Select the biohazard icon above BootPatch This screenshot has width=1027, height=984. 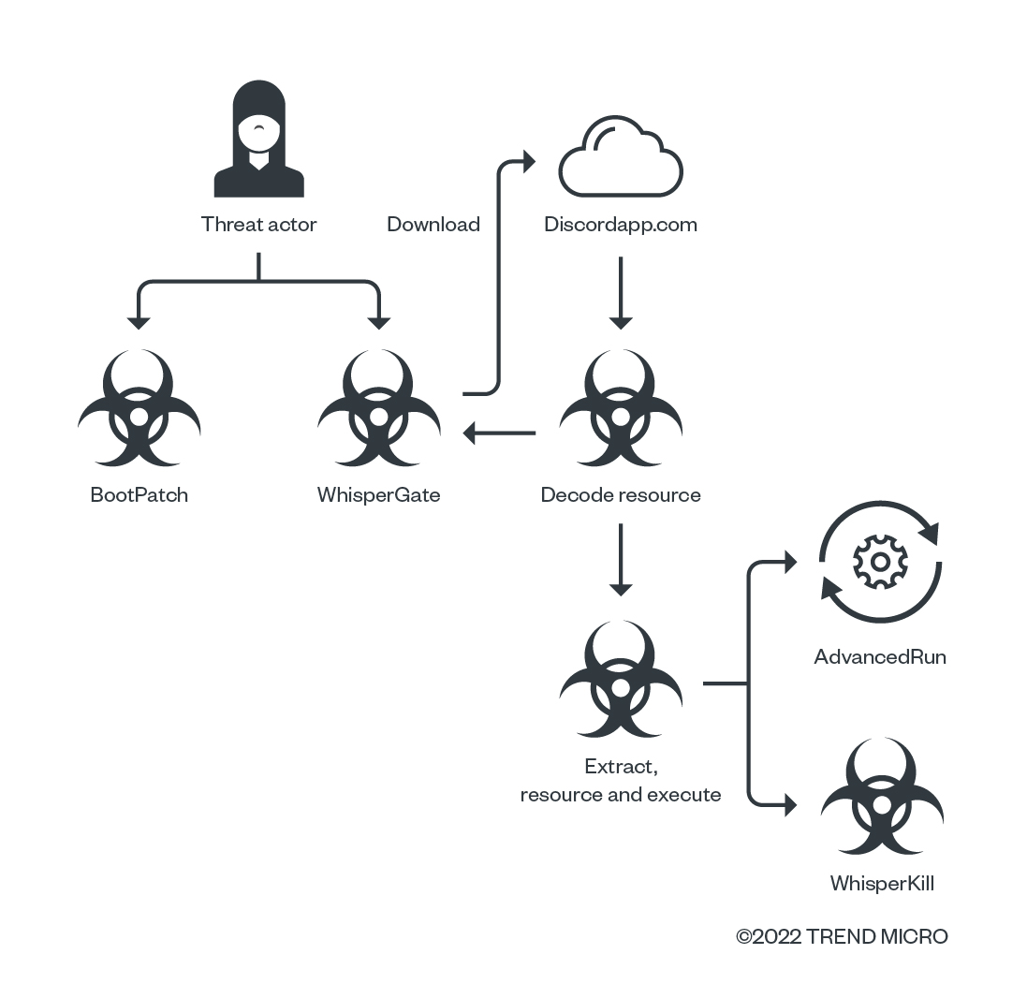(139, 409)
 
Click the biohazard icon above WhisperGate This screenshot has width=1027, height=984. (378, 409)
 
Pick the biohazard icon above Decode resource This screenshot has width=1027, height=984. (620, 409)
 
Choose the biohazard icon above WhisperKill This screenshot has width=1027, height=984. (881, 798)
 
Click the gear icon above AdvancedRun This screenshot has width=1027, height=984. (880, 562)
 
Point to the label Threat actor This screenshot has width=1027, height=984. (259, 225)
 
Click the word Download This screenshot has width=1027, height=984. (433, 225)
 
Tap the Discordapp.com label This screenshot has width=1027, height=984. (621, 225)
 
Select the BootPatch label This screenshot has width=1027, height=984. (139, 495)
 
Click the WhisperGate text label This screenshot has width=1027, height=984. (378, 495)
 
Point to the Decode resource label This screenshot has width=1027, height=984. (621, 495)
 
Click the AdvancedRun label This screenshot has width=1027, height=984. (880, 657)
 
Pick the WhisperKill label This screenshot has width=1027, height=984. (881, 884)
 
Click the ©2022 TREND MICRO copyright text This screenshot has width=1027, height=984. (842, 936)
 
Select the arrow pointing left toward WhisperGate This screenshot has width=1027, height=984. (500, 433)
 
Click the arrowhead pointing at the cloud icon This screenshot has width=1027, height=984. (527, 162)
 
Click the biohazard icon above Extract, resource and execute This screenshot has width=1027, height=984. (620, 681)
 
